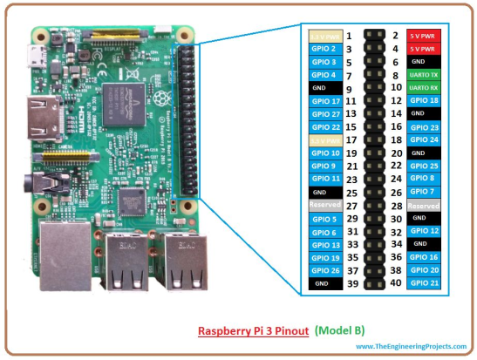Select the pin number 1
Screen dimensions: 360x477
click(x=348, y=36)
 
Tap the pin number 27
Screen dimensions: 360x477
click(x=351, y=205)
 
